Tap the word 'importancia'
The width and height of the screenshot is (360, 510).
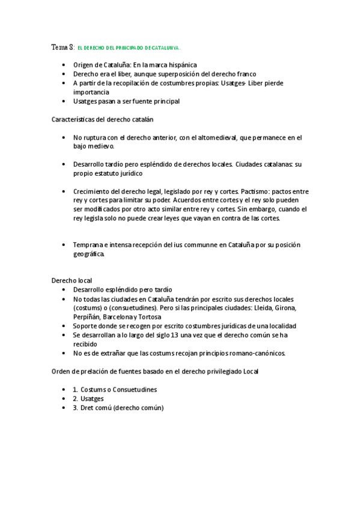point(91,92)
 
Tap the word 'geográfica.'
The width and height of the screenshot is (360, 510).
point(89,254)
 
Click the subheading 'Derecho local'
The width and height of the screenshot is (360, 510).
point(72,280)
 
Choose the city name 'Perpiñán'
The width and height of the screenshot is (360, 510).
point(87,316)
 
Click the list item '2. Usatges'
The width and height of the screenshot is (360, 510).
point(88,398)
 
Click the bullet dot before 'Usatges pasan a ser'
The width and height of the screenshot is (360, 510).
point(64,102)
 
